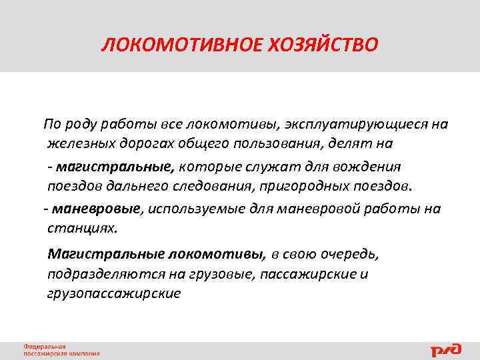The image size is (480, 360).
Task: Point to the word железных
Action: point(78,143)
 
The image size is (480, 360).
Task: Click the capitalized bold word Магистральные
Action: point(105,254)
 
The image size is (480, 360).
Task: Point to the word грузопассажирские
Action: point(114,293)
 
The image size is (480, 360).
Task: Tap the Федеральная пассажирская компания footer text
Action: point(61,350)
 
